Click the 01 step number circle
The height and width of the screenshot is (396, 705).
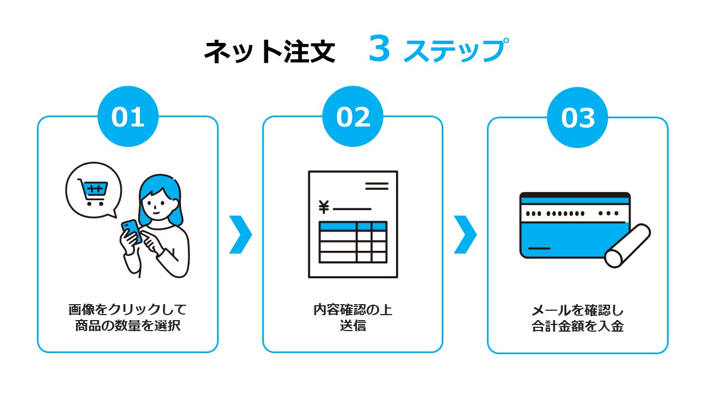(128, 116)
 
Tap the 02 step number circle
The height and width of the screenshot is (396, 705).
(353, 116)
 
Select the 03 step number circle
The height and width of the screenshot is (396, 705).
(578, 117)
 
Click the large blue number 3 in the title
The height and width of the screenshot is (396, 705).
(379, 48)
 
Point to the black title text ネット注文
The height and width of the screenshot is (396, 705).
(270, 51)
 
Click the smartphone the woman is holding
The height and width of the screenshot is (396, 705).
(132, 231)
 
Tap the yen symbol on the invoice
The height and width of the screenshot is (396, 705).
(324, 207)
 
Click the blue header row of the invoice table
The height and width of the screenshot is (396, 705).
(353, 226)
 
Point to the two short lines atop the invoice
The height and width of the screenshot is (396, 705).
(377, 186)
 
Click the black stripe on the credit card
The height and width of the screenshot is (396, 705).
(574, 195)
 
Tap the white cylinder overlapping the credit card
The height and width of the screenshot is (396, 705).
(627, 246)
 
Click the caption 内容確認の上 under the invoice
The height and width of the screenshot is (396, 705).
(353, 310)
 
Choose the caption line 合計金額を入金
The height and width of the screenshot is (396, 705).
(578, 326)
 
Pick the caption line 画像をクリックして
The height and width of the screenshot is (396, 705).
(128, 310)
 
